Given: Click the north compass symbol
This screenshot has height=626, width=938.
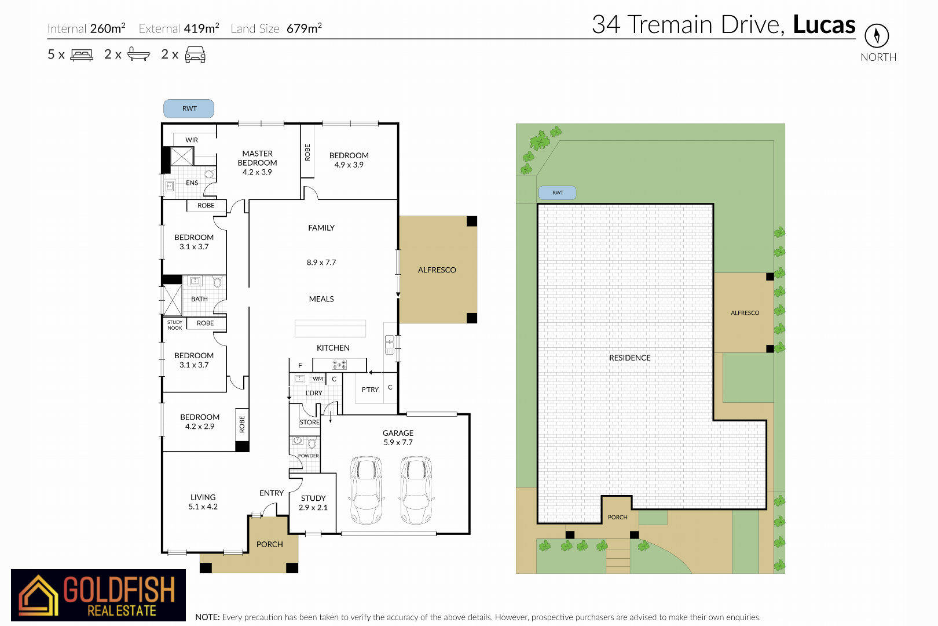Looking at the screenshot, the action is pos(877,35).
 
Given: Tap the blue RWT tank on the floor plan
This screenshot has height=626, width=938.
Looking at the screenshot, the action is pos(189,108).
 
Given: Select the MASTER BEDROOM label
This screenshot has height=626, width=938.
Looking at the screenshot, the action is pos(257,158).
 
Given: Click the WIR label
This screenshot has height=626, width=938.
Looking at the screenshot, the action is pos(192,140).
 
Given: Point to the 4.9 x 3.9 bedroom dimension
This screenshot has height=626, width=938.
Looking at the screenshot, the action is pos(349,165).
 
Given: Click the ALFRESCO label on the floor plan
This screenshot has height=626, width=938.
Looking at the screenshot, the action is pos(437,270).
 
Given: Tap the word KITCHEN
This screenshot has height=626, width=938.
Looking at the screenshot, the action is pos(333,348).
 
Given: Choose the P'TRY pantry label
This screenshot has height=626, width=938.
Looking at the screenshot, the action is pos(370,390).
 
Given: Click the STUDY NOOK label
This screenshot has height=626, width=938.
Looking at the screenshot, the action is pos(175,325).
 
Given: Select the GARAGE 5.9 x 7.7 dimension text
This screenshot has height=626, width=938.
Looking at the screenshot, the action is pos(398,442).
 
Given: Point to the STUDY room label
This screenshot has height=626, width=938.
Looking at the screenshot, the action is pos(313,498).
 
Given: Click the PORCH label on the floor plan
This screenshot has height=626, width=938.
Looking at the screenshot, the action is pos(270,544).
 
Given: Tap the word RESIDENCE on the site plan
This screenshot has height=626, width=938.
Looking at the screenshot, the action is pos(630,358).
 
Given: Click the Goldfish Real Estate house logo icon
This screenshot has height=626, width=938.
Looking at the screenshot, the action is pos(38,595).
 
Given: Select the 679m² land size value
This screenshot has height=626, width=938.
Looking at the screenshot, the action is pos(304,28).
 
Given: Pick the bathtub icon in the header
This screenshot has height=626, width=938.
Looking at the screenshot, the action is pos(138,54).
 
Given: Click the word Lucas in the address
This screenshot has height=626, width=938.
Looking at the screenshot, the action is pos(824,24).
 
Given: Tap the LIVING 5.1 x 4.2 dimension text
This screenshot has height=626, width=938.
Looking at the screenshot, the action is pos(203,507).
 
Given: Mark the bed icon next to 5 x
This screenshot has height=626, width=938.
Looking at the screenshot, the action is pos(82,55).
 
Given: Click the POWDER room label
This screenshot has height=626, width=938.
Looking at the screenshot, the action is pos(309,456).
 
